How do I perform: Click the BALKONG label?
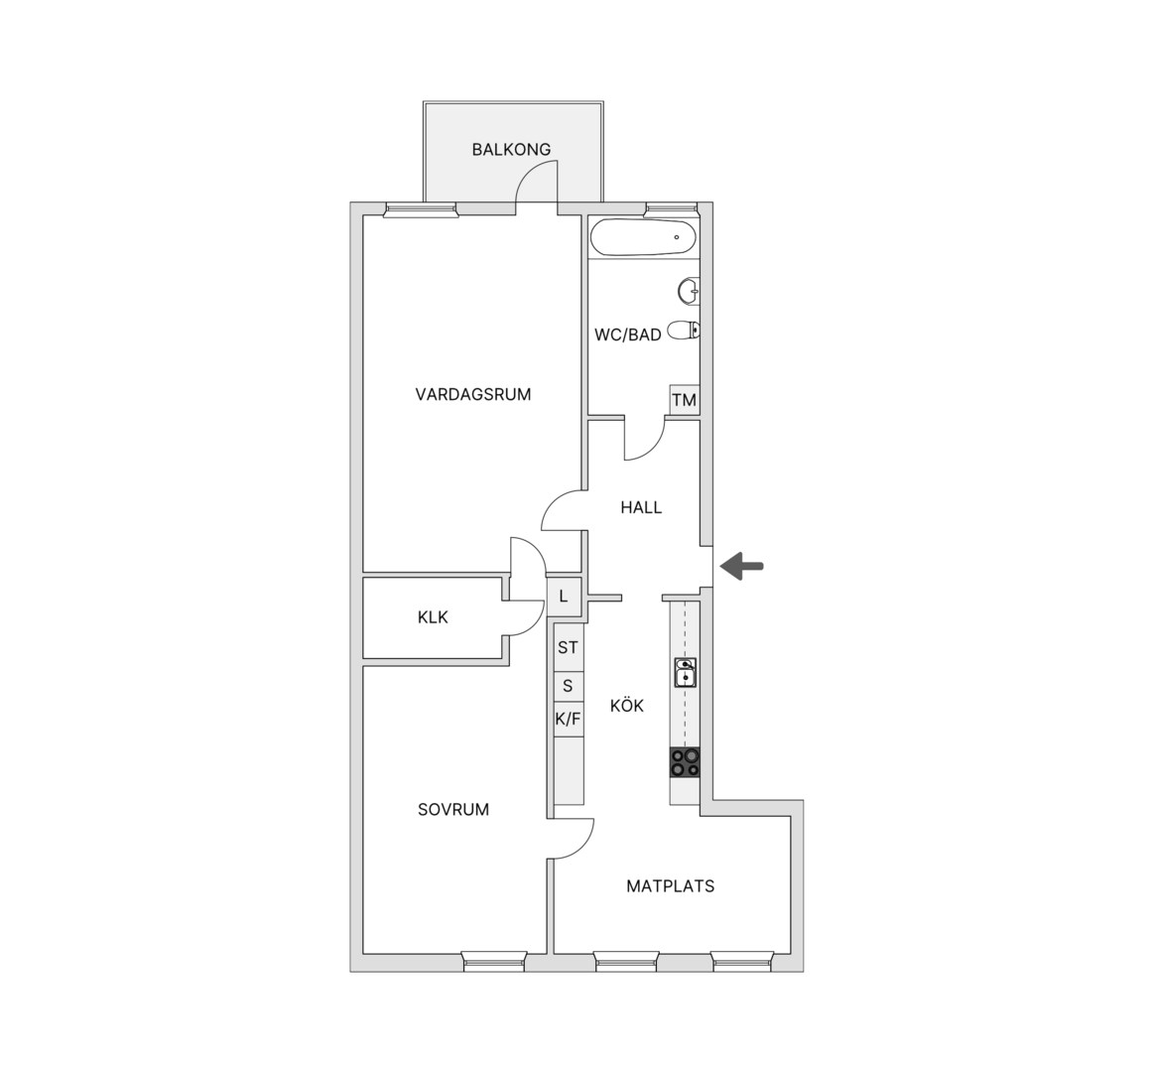[511, 149]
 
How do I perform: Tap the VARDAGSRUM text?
[473, 395]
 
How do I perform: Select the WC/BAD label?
[627, 335]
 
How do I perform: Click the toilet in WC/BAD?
[685, 331]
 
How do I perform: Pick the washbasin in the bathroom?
[689, 290]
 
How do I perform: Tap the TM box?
[684, 400]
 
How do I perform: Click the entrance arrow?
[741, 566]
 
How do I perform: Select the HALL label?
[641, 507]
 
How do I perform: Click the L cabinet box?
[564, 596]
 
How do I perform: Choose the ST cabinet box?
[568, 647]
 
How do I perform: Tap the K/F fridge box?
[568, 719]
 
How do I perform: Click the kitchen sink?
[686, 672]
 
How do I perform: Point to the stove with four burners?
[685, 762]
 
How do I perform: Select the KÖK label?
[627, 706]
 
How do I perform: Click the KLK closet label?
[433, 617]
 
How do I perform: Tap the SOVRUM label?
[453, 810]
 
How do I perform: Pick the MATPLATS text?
[670, 886]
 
